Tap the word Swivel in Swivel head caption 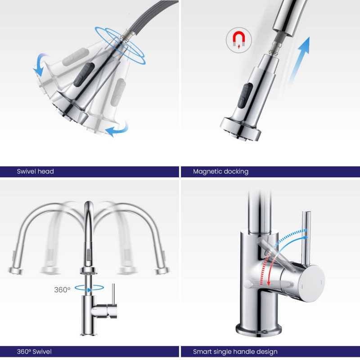click(26, 171)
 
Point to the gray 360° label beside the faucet click(62, 289)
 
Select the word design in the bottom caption click(267, 352)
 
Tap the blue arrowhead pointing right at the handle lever click(305, 238)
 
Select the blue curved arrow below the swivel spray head click(117, 129)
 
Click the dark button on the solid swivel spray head click(84, 73)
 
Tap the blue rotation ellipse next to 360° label click(89, 288)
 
